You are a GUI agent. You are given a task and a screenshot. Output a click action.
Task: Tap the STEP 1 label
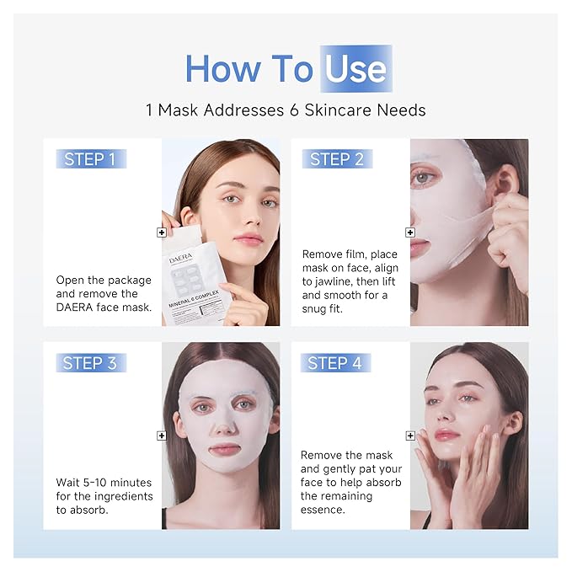(90, 159)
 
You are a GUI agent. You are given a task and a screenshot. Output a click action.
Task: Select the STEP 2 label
(336, 159)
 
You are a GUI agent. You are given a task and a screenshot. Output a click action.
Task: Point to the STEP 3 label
(90, 363)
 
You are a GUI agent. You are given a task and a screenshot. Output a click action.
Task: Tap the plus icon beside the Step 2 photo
(410, 232)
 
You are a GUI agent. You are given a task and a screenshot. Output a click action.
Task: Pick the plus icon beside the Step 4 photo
(410, 436)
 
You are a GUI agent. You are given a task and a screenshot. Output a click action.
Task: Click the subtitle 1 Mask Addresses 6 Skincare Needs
(286, 110)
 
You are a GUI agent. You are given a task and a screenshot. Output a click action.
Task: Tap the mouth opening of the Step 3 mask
(223, 449)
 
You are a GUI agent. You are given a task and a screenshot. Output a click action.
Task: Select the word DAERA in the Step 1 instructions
(76, 308)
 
